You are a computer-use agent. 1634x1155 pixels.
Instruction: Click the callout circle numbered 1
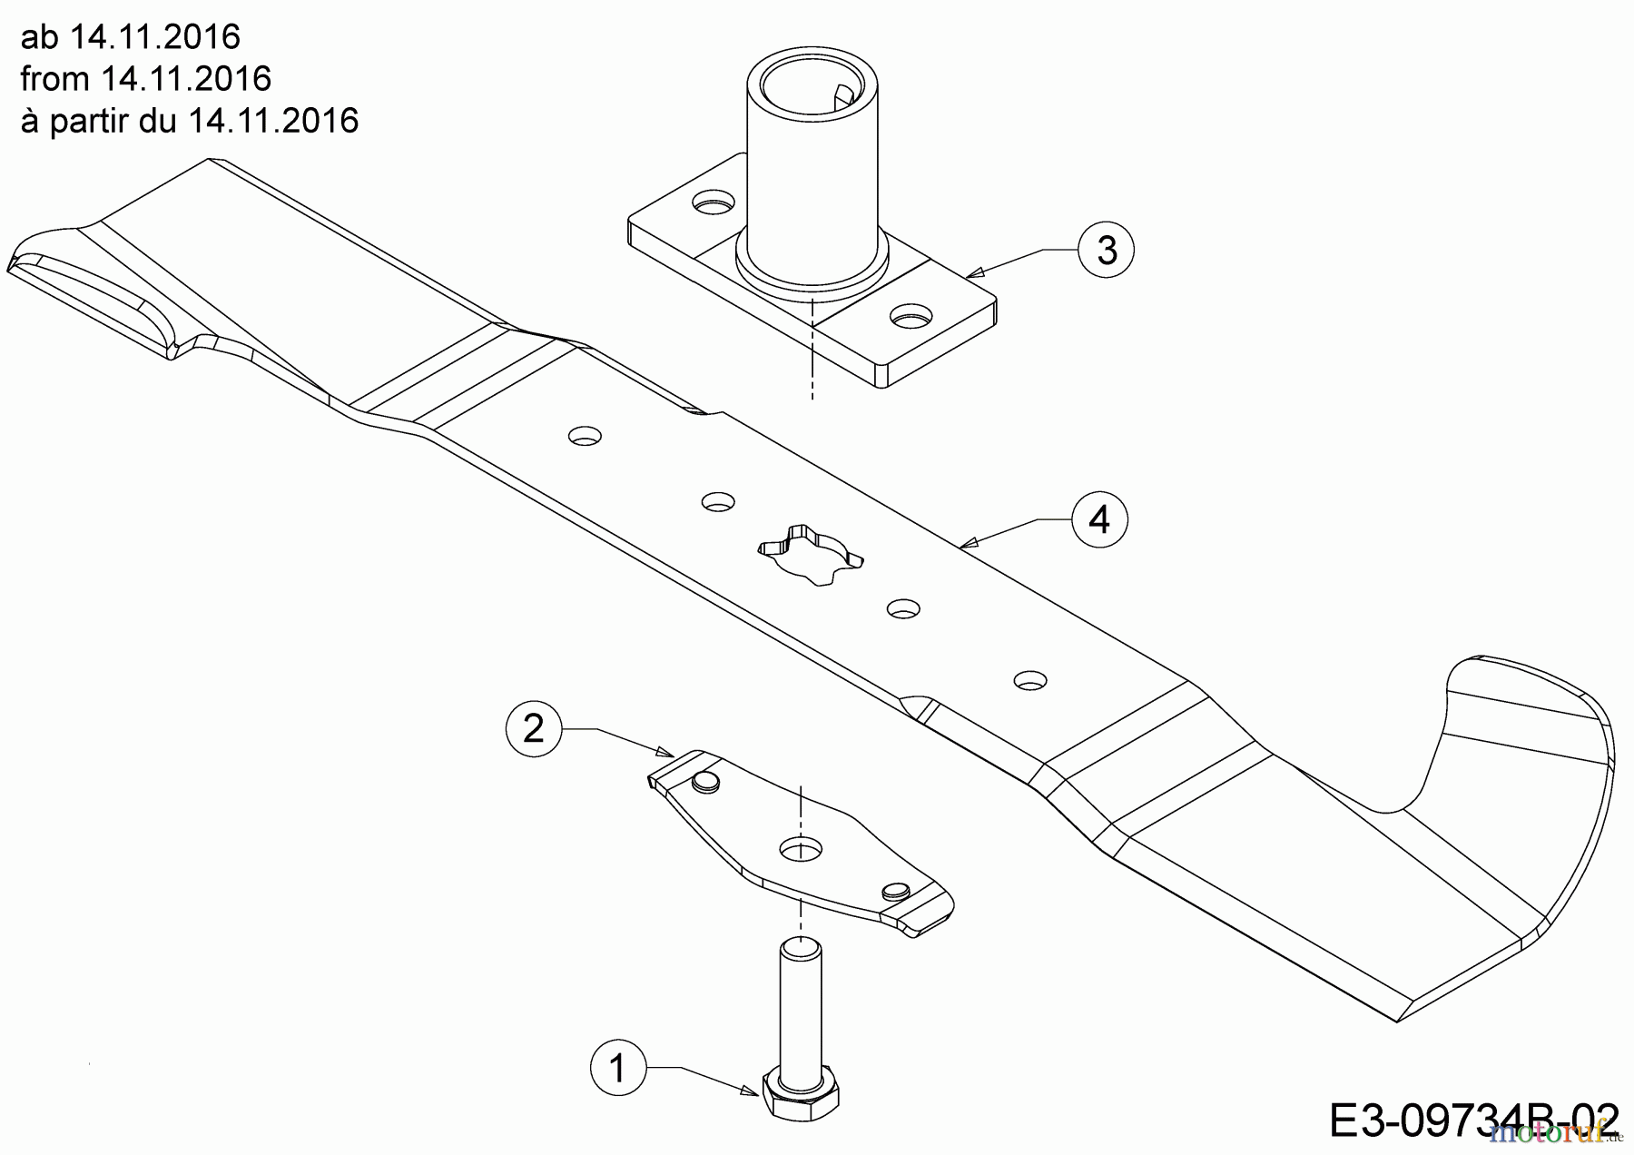[618, 1068]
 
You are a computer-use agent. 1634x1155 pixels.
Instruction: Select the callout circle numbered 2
[534, 728]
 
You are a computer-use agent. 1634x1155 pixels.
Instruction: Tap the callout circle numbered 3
[1107, 249]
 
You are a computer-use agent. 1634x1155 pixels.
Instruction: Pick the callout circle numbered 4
[1099, 520]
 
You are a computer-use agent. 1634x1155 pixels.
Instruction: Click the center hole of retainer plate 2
[801, 849]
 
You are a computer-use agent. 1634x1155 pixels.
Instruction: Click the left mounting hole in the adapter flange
[714, 203]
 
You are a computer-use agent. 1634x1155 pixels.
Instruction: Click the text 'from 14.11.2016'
[146, 79]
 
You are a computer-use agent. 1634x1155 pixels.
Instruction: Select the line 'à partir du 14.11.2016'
[190, 120]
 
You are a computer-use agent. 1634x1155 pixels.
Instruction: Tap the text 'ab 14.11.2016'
[131, 37]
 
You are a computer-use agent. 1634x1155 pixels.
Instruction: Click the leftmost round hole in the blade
[585, 436]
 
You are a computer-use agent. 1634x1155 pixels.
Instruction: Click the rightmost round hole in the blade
[1030, 679]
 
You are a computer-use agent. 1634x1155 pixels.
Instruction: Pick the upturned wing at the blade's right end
[1525, 726]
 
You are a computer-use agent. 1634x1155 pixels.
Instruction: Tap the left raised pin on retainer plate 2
[705, 781]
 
